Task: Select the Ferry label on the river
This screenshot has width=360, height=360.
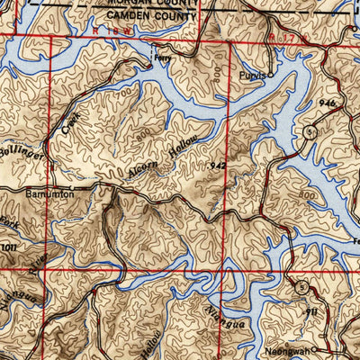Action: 162,54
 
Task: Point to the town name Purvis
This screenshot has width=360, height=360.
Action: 253,77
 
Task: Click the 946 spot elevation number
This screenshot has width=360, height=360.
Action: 326,105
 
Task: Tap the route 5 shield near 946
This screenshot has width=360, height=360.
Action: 309,132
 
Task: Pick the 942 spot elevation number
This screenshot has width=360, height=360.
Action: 217,166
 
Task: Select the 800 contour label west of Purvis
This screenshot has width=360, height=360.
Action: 220,85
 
